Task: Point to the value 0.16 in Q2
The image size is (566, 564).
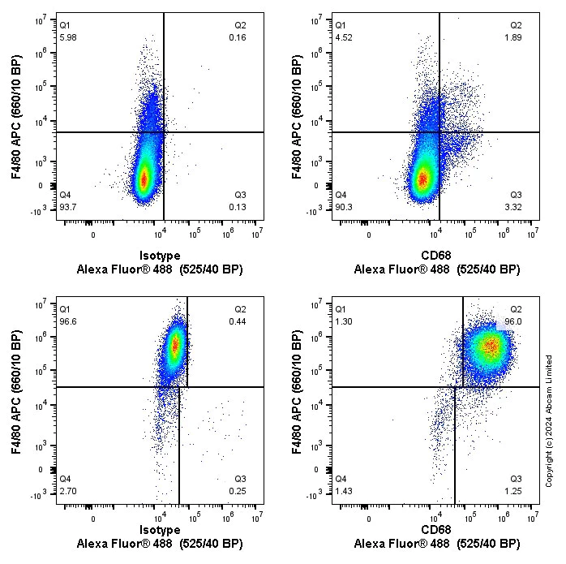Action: click(238, 37)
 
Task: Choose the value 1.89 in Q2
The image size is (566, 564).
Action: click(513, 37)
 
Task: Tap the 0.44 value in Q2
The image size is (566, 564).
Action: click(238, 321)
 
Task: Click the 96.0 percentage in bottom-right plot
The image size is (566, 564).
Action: click(512, 321)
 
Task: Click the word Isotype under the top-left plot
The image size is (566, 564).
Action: click(160, 256)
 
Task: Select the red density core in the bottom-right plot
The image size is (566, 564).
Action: click(489, 346)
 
